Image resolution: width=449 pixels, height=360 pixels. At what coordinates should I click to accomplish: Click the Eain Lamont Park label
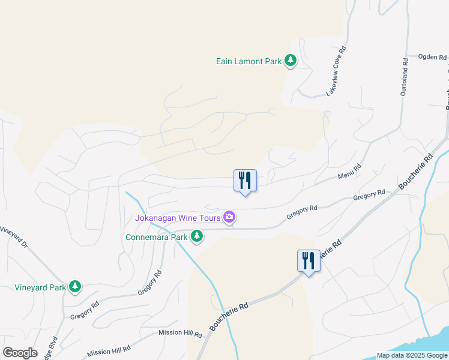click(x=249, y=61)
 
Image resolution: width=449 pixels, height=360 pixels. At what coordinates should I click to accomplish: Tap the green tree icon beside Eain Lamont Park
click(x=291, y=61)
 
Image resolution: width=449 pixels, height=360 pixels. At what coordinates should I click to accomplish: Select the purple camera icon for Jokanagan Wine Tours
click(x=229, y=217)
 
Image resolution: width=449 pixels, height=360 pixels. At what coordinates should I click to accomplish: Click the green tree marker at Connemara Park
click(x=196, y=237)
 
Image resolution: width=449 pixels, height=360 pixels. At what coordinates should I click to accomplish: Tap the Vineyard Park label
click(x=40, y=287)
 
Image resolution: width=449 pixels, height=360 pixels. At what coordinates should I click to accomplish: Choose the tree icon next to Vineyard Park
click(x=74, y=287)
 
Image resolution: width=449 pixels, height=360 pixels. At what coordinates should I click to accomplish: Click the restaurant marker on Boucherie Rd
click(x=309, y=261)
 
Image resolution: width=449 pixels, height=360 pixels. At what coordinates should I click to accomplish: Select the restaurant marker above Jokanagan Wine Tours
click(x=244, y=181)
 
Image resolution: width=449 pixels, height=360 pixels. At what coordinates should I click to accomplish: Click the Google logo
click(x=20, y=353)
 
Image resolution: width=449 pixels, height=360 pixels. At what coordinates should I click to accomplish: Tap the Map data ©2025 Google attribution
click(x=412, y=355)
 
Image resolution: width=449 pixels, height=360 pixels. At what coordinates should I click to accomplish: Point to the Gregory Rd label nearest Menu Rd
click(x=369, y=196)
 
